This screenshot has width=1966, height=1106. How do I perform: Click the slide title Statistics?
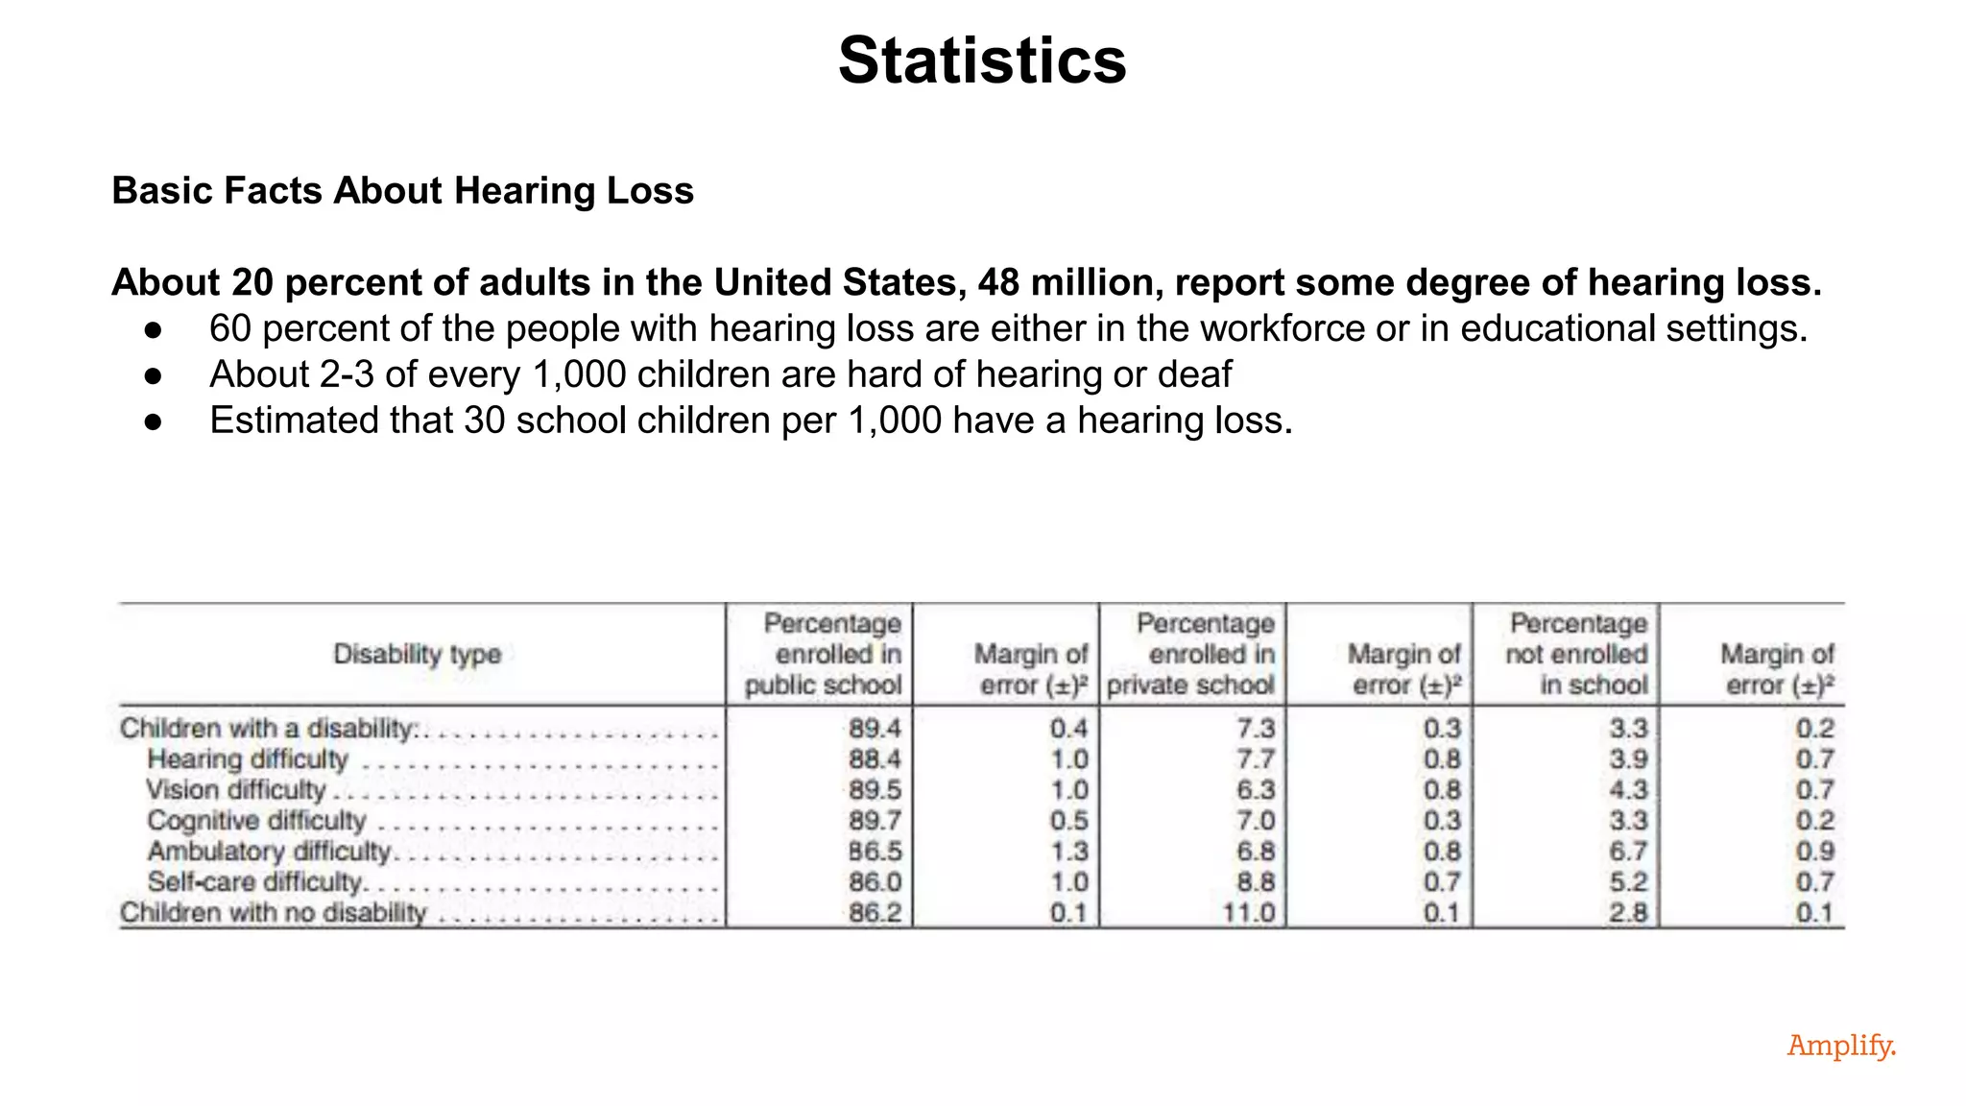(981, 60)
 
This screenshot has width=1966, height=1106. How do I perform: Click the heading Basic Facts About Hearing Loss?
(402, 190)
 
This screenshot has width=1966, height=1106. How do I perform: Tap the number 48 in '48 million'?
(998, 282)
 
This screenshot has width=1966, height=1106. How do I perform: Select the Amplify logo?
(1840, 1045)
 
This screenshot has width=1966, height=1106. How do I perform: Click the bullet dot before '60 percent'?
(153, 329)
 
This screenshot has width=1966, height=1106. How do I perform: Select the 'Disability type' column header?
(417, 655)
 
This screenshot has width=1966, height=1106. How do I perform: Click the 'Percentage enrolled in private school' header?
(1191, 655)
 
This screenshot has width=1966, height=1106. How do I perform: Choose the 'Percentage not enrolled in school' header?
(1576, 655)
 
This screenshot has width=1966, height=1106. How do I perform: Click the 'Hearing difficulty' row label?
(247, 759)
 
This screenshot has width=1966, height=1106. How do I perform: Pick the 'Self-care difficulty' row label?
(255, 882)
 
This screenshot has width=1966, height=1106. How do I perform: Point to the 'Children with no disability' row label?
(273, 913)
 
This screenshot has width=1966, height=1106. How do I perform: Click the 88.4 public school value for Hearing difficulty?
(874, 759)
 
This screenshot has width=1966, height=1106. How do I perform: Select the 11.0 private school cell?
(1248, 913)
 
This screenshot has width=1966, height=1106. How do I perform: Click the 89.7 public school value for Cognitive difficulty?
(874, 821)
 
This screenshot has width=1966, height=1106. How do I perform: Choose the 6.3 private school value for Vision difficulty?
(1255, 790)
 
